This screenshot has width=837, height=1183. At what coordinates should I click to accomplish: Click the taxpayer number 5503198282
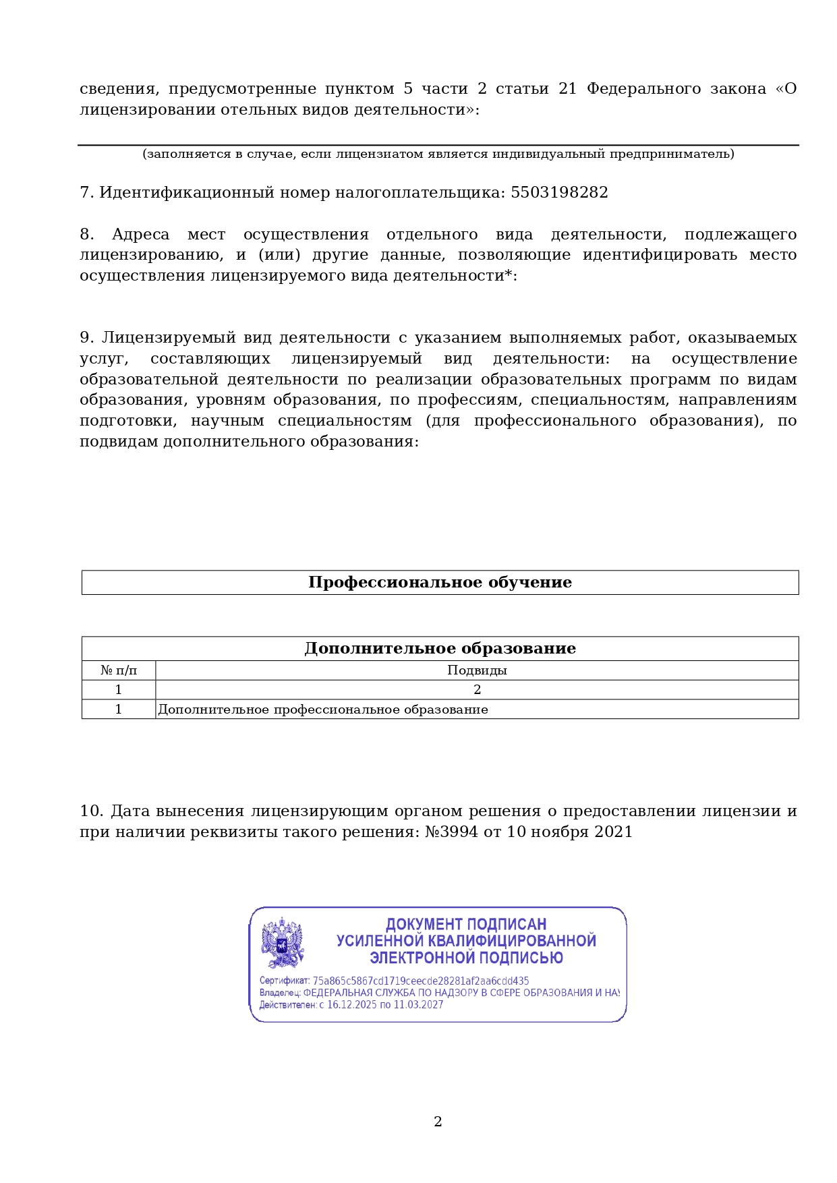pos(559,193)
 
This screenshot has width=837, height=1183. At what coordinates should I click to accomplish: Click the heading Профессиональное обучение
pos(440,583)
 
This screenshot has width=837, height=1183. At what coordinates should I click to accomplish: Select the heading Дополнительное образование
pos(440,649)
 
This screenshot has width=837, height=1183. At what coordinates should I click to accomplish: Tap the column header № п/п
pos(119,670)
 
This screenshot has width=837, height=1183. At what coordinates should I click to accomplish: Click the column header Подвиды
pos(477,670)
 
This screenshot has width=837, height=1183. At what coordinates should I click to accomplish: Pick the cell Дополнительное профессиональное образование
pos(323,710)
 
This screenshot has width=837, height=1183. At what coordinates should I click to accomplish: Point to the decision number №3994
pos(451,832)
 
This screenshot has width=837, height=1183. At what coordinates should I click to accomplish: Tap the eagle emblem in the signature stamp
pos(283,943)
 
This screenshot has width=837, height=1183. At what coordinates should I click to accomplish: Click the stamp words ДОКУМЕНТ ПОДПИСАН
pos(466,924)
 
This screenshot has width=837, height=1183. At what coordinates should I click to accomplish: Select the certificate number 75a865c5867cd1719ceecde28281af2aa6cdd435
pos(421,981)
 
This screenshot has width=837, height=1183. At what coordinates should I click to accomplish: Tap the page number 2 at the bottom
pos(438,1122)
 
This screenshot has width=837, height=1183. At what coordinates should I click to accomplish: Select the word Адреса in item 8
pos(140,235)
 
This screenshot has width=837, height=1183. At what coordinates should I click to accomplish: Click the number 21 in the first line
pos(567,89)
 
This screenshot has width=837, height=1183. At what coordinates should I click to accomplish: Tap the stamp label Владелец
pos(279,993)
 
